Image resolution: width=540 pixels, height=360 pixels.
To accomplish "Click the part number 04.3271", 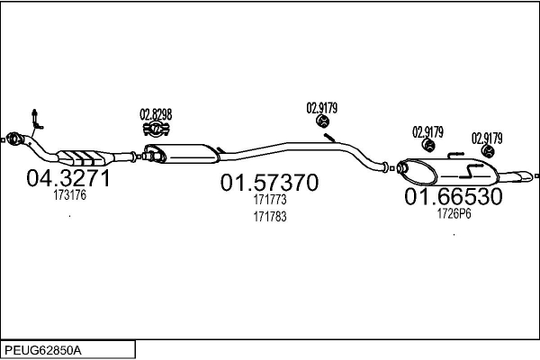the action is point(68,178).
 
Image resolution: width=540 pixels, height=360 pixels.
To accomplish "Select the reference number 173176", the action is point(69,195).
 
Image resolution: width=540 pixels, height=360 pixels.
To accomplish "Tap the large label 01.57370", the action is point(269,183).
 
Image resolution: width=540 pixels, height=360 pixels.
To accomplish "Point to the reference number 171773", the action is point(270,200).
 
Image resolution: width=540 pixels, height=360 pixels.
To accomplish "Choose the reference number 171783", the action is point(270,217).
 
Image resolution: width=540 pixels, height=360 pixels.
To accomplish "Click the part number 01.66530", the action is point(454,197).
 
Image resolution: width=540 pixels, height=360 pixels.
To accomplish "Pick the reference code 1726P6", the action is point(454,213).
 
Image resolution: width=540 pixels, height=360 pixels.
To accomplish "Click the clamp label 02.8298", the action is point(156,114).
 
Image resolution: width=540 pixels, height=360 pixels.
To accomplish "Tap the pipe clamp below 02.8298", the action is point(157,129).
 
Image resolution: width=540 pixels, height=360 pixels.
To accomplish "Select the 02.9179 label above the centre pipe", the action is point(322,108).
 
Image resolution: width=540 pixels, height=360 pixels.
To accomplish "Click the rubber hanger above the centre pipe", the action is point(323,121).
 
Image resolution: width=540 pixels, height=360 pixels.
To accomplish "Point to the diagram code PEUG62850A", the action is point(43,351).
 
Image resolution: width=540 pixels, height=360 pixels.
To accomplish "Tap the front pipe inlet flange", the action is point(13,139).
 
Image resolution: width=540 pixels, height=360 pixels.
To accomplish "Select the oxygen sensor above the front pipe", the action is point(36,120).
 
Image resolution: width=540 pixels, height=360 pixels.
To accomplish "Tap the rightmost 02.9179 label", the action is point(487,139).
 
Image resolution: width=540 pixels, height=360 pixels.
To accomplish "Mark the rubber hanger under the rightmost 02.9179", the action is point(488,151).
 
